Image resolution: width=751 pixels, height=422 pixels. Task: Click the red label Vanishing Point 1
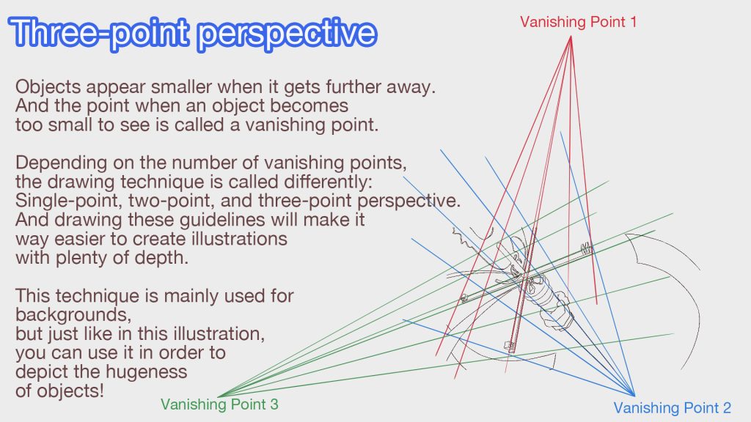point(578,22)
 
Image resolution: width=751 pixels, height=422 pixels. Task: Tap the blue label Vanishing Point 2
point(672,407)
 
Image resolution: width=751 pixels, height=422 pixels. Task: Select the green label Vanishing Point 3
point(219,404)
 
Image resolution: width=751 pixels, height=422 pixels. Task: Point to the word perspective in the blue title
point(287,34)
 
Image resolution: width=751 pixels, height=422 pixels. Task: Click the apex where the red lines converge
point(571,37)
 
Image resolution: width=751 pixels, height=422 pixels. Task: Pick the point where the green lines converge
point(219,396)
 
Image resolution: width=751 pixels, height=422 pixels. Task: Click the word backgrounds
point(73,315)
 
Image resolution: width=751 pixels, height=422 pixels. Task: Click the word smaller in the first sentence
point(182,88)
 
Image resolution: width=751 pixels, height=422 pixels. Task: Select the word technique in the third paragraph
point(101,296)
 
